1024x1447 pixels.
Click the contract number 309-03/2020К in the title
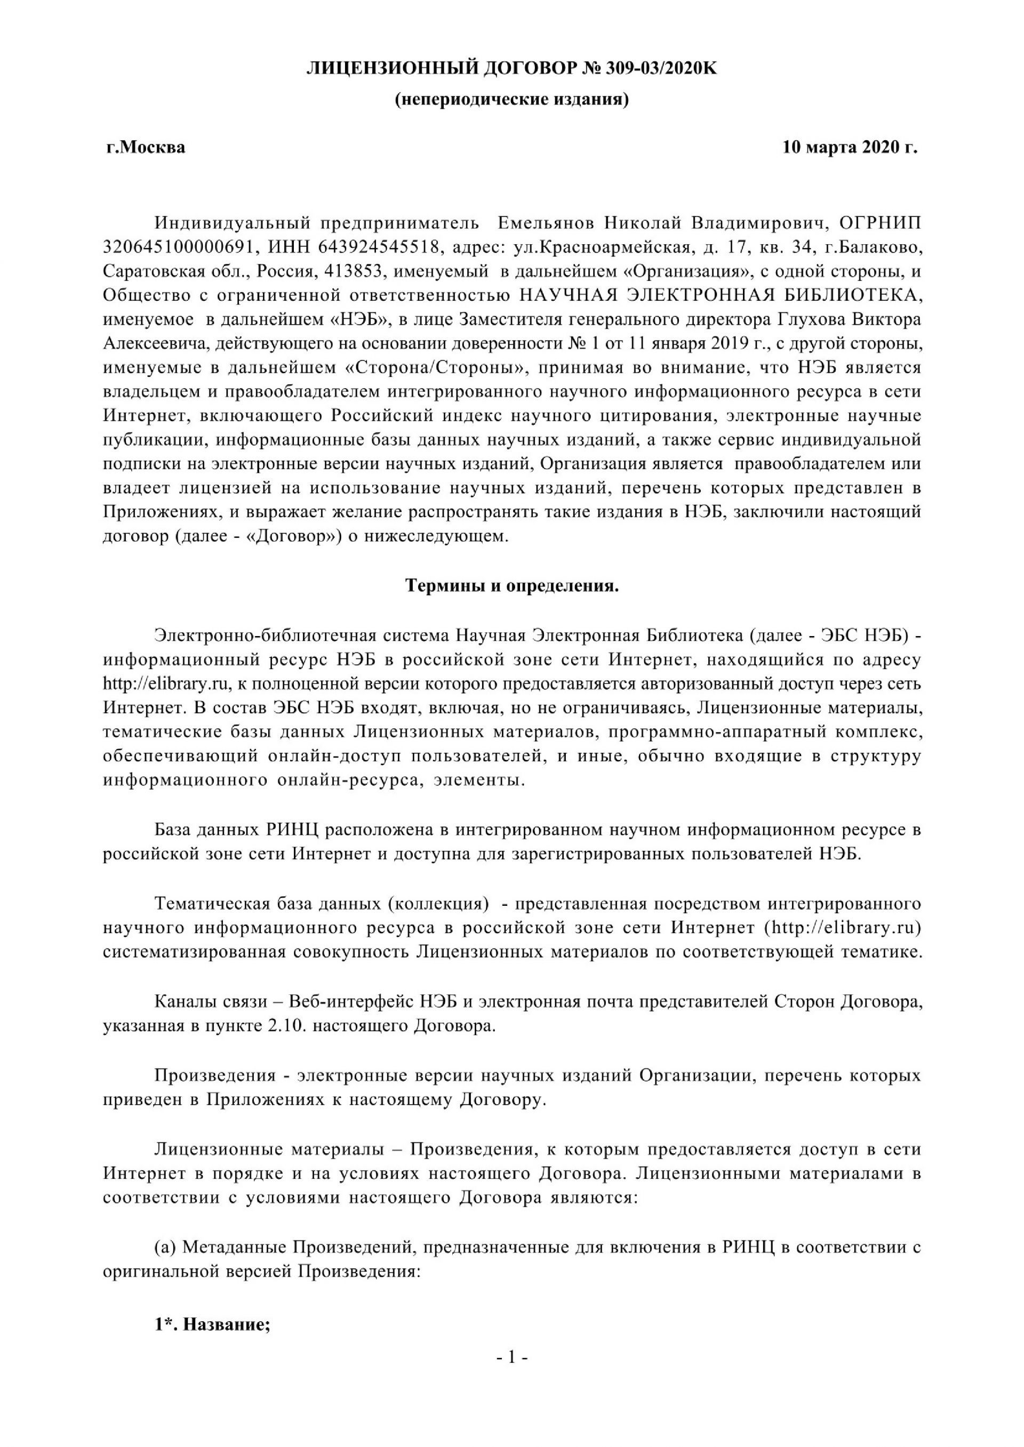(661, 68)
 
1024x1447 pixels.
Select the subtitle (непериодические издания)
(511, 100)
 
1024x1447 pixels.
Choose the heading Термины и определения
(511, 586)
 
